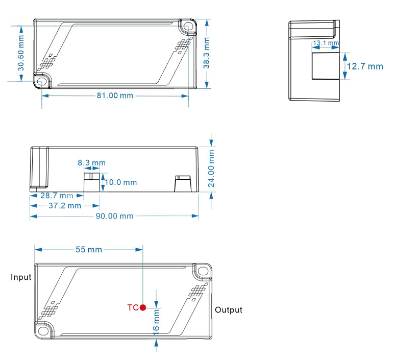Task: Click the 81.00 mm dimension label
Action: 115,96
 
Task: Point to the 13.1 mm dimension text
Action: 326,43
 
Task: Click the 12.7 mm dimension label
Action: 364,66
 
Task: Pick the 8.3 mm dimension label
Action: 92,163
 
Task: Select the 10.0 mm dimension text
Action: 121,182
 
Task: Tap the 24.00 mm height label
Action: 212,166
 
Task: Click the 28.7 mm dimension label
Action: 56,196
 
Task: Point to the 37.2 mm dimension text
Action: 64,206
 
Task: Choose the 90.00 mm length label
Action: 115,216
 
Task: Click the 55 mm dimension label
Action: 89,250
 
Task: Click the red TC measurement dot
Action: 143,307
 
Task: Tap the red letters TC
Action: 133,307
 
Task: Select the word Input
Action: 21,277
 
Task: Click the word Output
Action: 229,310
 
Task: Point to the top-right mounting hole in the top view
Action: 188,26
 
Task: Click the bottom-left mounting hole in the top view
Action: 41,81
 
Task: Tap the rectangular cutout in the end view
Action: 325,65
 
